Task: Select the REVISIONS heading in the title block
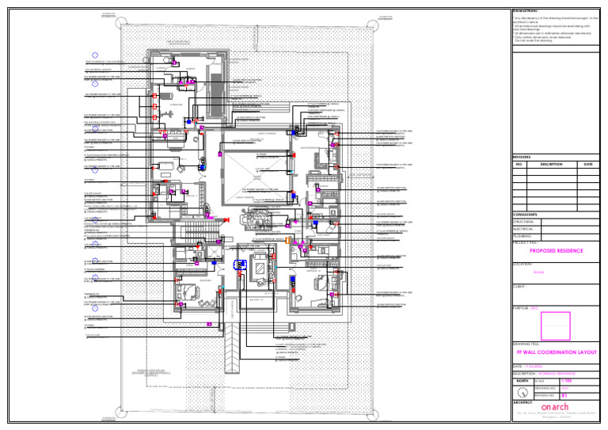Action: (525, 158)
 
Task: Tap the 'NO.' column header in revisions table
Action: (519, 165)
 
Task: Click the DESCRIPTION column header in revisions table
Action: (551, 165)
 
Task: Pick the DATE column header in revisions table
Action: (588, 165)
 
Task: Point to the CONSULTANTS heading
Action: (526, 215)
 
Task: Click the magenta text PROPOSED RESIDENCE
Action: (556, 251)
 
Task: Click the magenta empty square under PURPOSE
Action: (555, 325)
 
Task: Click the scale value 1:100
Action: (566, 382)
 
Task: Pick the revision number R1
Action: (564, 395)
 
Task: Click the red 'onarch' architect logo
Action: (554, 407)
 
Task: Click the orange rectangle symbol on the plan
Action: (288, 240)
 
